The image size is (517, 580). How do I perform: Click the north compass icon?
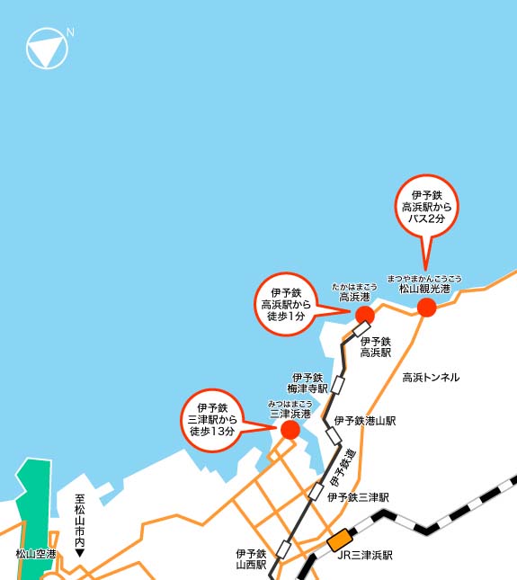click(48, 48)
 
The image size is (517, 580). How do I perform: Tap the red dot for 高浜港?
click(364, 314)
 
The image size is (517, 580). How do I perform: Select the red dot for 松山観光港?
click(427, 308)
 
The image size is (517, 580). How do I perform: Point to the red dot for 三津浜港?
click(290, 430)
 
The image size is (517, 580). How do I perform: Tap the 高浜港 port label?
click(353, 296)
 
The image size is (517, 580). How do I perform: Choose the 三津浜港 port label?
click(290, 414)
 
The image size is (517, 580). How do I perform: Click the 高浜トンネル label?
click(431, 377)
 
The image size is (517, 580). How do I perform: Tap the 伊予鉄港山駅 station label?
click(365, 420)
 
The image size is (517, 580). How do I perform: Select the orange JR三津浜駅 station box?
click(339, 541)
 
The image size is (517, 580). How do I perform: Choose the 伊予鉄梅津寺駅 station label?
click(308, 383)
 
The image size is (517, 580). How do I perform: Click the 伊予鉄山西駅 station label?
click(251, 559)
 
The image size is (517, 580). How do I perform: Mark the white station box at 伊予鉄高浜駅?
click(361, 329)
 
